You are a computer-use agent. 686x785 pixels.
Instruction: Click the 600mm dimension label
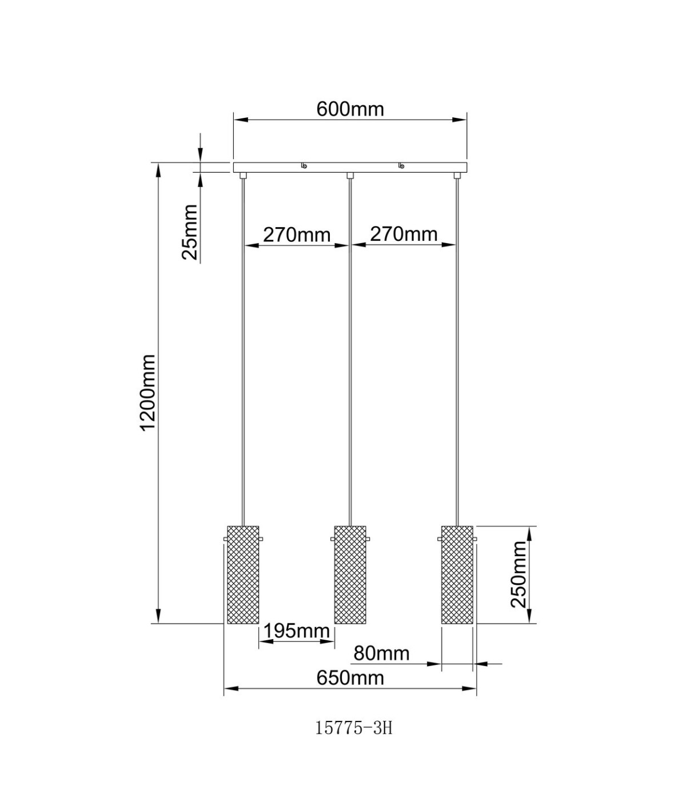(350, 109)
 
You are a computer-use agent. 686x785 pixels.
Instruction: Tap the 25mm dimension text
(190, 232)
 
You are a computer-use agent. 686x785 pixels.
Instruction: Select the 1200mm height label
(148, 392)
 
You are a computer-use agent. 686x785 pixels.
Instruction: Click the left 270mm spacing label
(297, 235)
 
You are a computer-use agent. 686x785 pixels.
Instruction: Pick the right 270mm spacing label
(404, 234)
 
